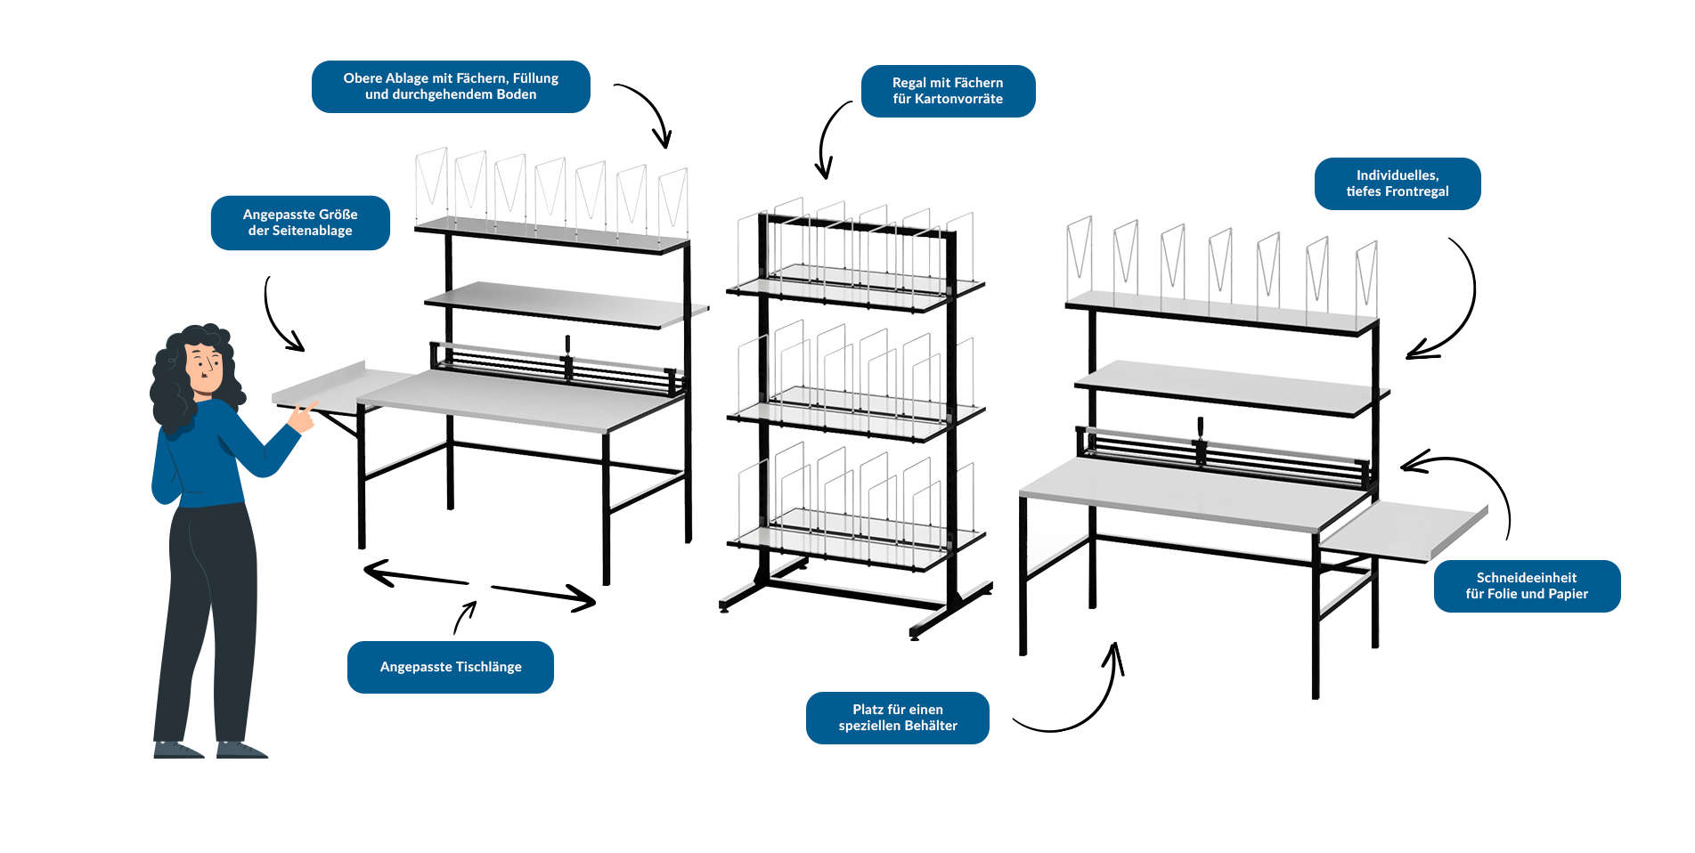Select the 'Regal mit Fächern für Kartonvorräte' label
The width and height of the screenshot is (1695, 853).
coord(948,91)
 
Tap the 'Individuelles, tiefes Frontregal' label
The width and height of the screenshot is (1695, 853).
coord(1397,183)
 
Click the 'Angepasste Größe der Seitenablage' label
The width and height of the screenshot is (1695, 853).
coord(300,223)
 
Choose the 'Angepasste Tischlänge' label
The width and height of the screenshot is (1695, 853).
coord(451,667)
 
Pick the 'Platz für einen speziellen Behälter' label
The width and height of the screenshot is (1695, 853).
coord(897,718)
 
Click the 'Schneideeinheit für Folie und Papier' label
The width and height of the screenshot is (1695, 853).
coord(1527,586)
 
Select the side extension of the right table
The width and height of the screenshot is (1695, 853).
coord(1403,530)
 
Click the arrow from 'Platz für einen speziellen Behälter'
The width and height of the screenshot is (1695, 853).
coord(1078,703)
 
